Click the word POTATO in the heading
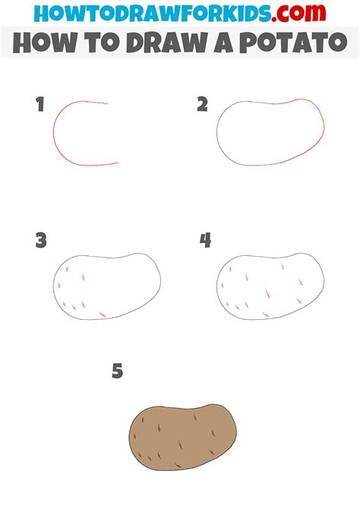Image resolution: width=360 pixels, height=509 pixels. [x=294, y=43]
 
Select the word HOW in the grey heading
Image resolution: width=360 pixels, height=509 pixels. [x=45, y=43]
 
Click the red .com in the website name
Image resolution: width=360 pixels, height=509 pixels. [x=298, y=13]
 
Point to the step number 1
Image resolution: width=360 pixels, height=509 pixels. [x=40, y=104]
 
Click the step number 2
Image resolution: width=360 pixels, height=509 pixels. [x=202, y=104]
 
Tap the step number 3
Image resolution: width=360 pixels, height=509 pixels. [x=41, y=241]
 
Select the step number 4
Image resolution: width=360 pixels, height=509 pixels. [x=205, y=241]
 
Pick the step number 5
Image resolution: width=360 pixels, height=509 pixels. [x=118, y=371]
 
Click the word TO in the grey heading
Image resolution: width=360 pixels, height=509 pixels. [x=102, y=43]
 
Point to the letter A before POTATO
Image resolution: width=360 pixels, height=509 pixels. [x=223, y=43]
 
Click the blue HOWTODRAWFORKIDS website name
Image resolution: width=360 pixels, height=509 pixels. [x=152, y=13]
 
